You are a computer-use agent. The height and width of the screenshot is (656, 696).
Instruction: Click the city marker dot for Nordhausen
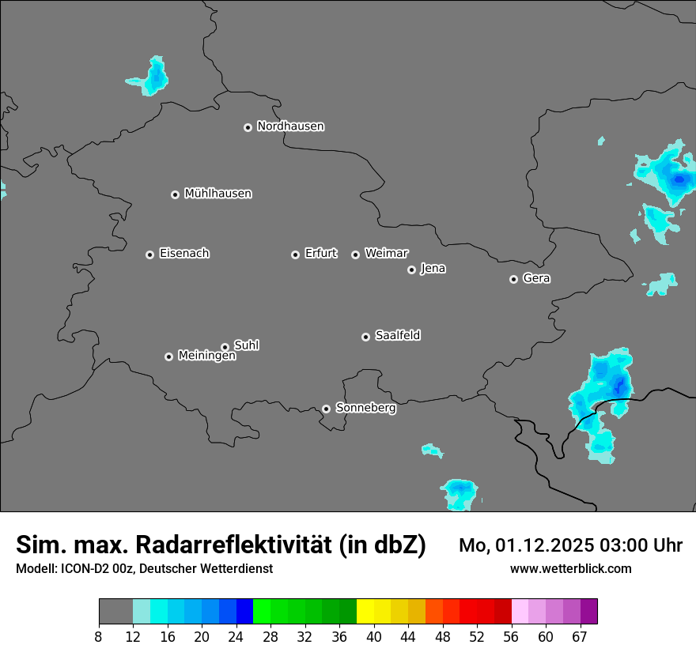[248, 127]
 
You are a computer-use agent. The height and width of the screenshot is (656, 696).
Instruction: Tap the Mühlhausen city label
[217, 194]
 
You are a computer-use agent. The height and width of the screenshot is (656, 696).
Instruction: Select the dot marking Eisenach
[149, 254]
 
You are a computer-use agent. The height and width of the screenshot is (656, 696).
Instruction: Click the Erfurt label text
[320, 254]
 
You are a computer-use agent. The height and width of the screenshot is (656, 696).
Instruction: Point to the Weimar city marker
[355, 254]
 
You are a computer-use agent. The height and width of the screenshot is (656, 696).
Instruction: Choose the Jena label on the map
[433, 269]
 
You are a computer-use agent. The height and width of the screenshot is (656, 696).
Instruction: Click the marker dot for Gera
[513, 279]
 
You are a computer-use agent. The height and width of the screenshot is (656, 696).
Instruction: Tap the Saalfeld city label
[397, 336]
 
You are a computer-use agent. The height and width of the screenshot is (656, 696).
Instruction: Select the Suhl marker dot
[225, 347]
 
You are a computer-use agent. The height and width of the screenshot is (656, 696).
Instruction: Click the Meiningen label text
[206, 356]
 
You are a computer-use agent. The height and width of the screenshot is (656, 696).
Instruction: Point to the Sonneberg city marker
[326, 409]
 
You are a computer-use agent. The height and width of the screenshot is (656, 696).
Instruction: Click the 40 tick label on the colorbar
[374, 636]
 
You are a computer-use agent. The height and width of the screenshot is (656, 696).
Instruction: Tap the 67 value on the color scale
[580, 636]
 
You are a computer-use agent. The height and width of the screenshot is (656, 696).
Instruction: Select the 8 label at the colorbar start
[99, 636]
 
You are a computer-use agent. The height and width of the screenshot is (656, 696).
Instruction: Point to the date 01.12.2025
[545, 545]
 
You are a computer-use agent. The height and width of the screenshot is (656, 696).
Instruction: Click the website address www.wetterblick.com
[570, 569]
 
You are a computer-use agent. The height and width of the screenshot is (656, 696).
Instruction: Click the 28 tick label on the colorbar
[270, 636]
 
